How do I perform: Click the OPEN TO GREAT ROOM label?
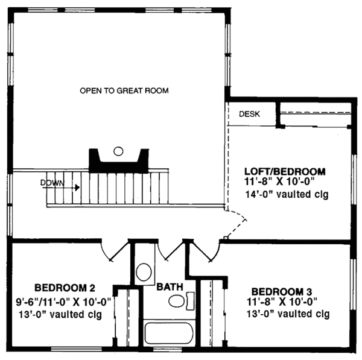click(x=124, y=90)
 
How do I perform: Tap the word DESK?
click(x=249, y=113)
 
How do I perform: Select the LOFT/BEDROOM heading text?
click(x=285, y=171)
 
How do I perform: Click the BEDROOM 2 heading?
click(x=64, y=287)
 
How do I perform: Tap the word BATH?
click(x=170, y=288)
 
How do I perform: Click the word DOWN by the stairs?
click(x=51, y=182)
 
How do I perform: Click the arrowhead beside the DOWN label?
click(x=77, y=188)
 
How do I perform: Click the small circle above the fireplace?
click(x=119, y=150)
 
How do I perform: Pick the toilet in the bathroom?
click(x=144, y=271)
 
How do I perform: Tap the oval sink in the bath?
click(x=176, y=301)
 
